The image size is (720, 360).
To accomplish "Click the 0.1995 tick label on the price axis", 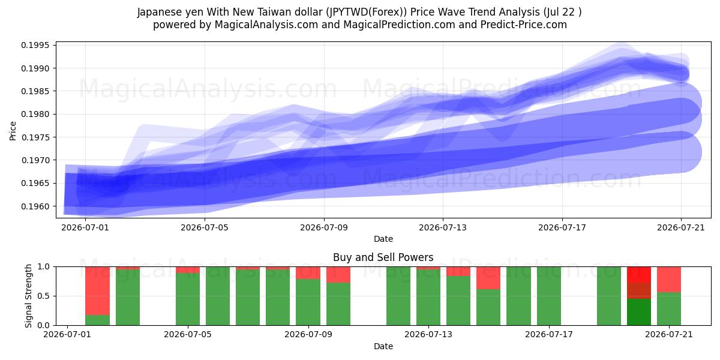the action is pyautogui.click(x=35, y=45).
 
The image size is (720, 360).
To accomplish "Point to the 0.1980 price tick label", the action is pyautogui.click(x=35, y=114).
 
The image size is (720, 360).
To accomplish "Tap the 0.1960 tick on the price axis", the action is pyautogui.click(x=35, y=206).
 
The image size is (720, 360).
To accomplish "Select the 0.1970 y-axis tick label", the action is pyautogui.click(x=35, y=160).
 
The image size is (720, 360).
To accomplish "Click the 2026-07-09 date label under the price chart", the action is pyautogui.click(x=324, y=227).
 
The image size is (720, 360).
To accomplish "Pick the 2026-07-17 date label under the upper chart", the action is pyautogui.click(x=562, y=227).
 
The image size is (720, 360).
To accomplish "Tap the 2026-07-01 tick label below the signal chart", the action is pyautogui.click(x=67, y=334).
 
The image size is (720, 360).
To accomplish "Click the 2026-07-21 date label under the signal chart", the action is pyautogui.click(x=669, y=334).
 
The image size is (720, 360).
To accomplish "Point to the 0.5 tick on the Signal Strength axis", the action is pyautogui.click(x=44, y=296).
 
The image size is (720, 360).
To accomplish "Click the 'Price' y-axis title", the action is pyautogui.click(x=13, y=131).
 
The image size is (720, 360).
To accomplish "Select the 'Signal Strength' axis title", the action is pyautogui.click(x=29, y=296).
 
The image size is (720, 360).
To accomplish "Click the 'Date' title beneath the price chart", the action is pyautogui.click(x=383, y=239).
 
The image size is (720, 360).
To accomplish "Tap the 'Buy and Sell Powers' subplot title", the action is pyautogui.click(x=383, y=257).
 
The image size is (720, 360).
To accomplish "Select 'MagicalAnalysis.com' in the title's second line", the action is pyautogui.click(x=266, y=25).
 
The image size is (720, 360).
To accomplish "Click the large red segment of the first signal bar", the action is pyautogui.click(x=97, y=291).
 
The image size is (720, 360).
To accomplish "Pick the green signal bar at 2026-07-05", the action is pyautogui.click(x=188, y=299).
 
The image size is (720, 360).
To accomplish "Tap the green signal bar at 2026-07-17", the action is pyautogui.click(x=549, y=296).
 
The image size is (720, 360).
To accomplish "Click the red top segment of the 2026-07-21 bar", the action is pyautogui.click(x=669, y=280).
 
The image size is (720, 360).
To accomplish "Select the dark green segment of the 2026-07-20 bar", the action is pyautogui.click(x=639, y=312).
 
